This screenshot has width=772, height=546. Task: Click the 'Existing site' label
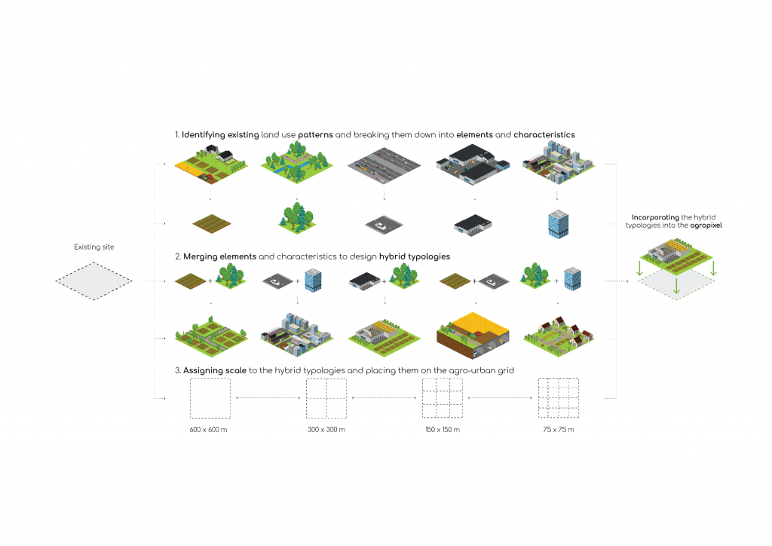(x=93, y=247)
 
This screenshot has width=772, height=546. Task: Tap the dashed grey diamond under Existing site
(x=93, y=281)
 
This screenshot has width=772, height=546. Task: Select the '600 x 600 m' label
(x=209, y=429)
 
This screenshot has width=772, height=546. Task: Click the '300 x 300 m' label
(x=326, y=429)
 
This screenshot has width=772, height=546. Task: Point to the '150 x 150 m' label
(x=441, y=429)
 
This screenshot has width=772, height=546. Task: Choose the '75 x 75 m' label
(x=557, y=429)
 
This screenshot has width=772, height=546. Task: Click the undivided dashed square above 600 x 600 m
(x=209, y=397)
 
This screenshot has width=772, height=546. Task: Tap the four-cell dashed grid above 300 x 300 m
(x=326, y=397)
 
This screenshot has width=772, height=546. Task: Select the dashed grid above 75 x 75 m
(x=557, y=397)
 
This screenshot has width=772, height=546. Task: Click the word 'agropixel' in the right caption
(x=706, y=225)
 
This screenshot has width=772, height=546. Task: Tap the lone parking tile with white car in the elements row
(x=384, y=225)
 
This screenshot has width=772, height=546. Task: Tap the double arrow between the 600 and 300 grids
(x=267, y=397)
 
